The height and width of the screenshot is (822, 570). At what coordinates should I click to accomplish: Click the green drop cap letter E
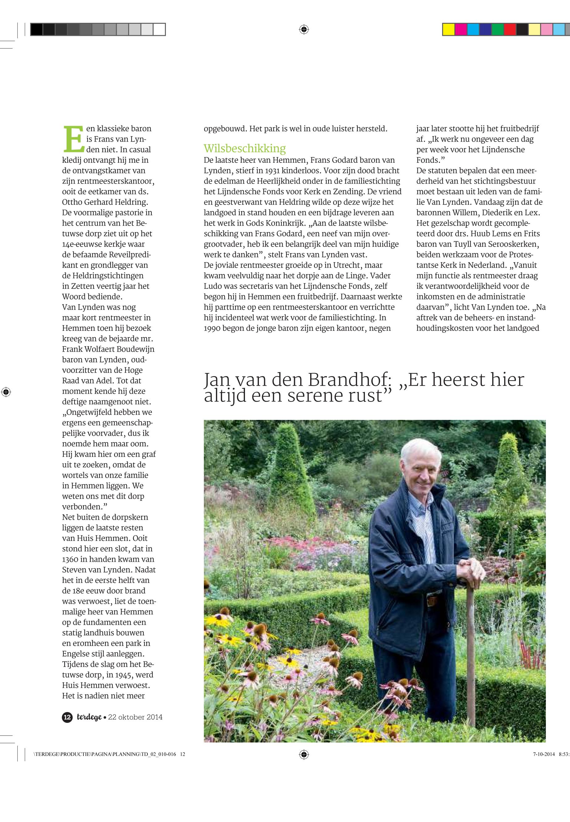[73, 138]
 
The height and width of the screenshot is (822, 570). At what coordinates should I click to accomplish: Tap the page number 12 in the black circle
[67, 717]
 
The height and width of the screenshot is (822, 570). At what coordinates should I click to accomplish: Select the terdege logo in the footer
[89, 717]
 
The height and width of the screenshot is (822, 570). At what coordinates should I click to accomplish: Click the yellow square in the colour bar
[448, 29]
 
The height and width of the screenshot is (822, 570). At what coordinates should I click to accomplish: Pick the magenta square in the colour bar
[461, 29]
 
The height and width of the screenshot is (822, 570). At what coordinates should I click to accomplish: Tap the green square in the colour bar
[497, 29]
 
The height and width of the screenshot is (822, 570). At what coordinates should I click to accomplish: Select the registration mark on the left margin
[6, 392]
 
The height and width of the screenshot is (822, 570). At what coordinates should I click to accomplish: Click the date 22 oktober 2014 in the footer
[135, 717]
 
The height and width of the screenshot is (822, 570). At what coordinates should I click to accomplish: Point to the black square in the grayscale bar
[36, 29]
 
